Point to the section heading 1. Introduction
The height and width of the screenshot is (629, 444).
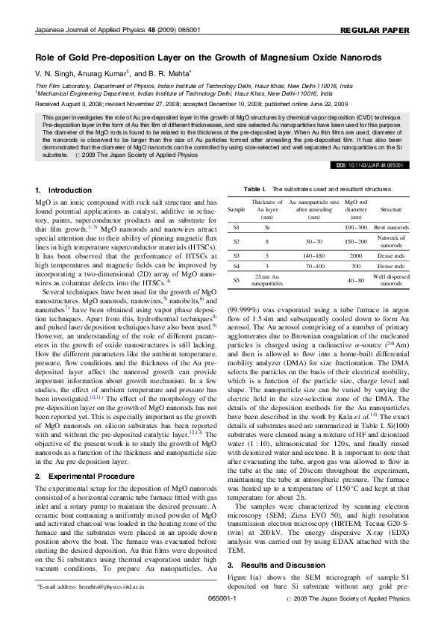tap(64, 191)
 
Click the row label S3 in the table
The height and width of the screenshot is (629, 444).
tap(236, 255)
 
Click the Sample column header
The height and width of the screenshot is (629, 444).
tap(236, 210)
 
